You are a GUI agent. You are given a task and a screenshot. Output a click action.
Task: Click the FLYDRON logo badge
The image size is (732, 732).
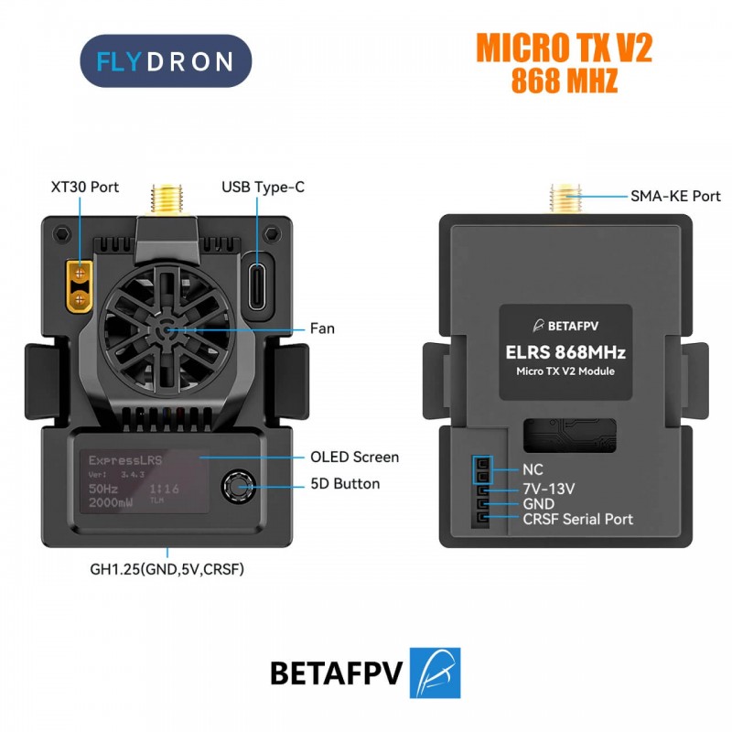(165, 61)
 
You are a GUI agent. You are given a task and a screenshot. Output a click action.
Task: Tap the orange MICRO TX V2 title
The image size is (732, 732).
(564, 48)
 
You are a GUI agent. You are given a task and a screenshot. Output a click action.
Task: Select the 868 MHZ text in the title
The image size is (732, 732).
(564, 81)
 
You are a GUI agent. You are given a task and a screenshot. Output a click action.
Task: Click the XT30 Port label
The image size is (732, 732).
(85, 187)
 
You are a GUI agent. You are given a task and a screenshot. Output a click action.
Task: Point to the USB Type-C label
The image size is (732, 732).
(263, 187)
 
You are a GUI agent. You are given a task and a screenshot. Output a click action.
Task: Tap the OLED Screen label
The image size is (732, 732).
(354, 457)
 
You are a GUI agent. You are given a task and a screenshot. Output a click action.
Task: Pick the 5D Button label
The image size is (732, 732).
(345, 484)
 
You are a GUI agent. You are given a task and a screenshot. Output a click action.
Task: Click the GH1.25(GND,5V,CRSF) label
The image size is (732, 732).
(167, 568)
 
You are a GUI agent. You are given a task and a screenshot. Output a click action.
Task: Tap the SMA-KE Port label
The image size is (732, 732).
(675, 196)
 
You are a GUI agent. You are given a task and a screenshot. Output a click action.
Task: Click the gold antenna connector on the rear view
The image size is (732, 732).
(565, 197)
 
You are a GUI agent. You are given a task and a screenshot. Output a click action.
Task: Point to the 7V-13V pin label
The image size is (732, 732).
(548, 489)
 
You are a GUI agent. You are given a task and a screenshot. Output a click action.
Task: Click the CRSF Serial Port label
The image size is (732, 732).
(577, 519)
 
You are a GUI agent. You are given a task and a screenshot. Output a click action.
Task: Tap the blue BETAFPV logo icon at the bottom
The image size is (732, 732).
(435, 673)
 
